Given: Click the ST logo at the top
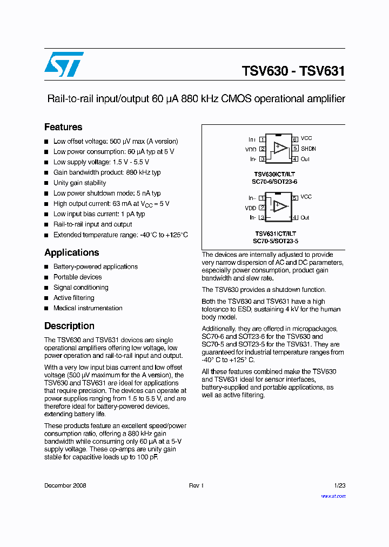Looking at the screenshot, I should (x=64, y=64).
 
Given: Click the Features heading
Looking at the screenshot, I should (x=63, y=128).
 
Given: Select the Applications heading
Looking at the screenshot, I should (x=72, y=253).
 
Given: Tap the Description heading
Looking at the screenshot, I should (x=69, y=326).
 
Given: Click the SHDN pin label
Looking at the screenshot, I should (x=308, y=149).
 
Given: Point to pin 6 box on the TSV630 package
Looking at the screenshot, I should (x=296, y=139).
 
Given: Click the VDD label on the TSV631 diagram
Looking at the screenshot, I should (x=251, y=208).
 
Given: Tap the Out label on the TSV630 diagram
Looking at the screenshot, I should (x=305, y=159).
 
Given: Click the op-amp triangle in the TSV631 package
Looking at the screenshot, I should (x=280, y=206).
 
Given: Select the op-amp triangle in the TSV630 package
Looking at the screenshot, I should (x=280, y=147).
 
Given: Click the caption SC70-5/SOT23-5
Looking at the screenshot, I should (x=276, y=241).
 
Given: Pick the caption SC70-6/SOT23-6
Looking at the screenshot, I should (x=276, y=182).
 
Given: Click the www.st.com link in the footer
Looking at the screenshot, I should (x=333, y=496).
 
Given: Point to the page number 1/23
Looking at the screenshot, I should (x=339, y=486).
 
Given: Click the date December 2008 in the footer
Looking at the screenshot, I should (x=65, y=486).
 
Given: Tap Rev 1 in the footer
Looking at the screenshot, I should (x=196, y=486).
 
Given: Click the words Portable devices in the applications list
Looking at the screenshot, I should (x=77, y=277).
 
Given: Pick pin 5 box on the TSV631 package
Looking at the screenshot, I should (x=296, y=198).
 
